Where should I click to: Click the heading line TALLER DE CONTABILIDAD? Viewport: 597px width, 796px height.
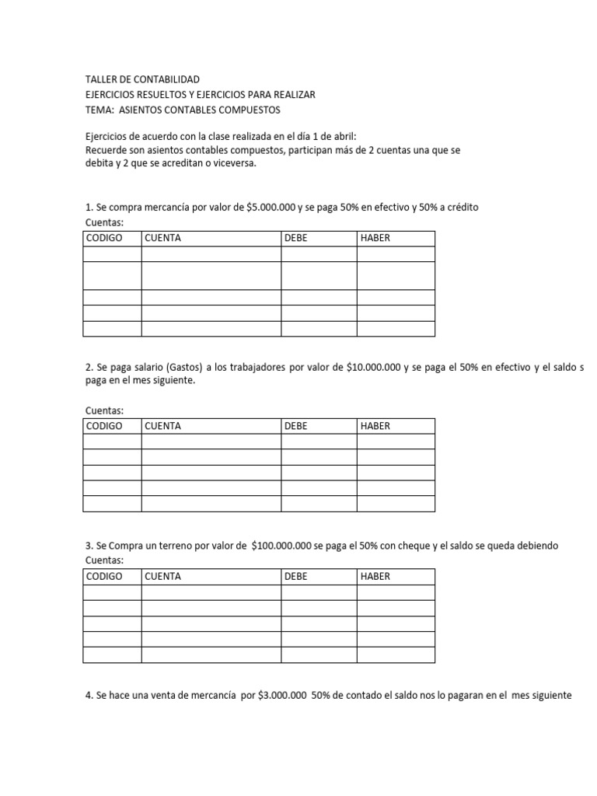[142, 79]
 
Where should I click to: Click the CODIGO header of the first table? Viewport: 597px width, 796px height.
[104, 238]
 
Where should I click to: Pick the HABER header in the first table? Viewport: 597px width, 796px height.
[375, 238]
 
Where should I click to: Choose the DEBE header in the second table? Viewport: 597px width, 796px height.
[297, 426]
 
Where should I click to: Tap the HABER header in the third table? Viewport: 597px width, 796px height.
[375, 576]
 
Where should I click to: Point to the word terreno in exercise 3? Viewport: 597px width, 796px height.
[175, 546]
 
